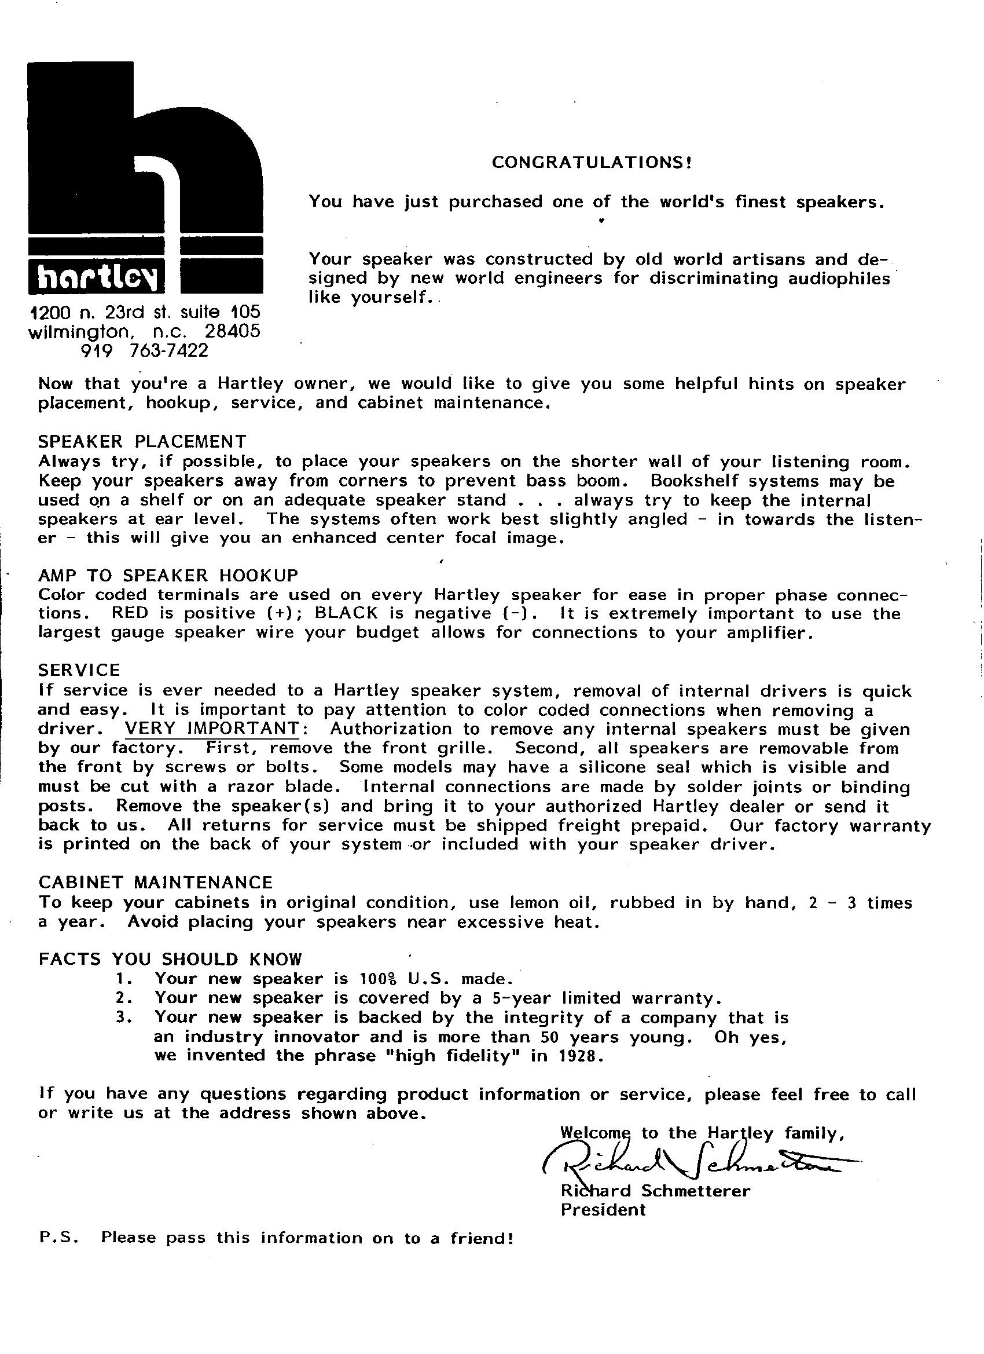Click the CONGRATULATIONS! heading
tap(592, 162)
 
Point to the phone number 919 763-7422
tap(144, 350)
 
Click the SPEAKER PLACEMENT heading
tap(142, 442)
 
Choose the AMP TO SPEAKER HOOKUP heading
tap(168, 576)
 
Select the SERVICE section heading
tap(79, 670)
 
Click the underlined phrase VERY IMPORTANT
tap(212, 729)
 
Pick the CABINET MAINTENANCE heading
tap(155, 883)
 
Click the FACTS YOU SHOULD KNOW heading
tap(170, 960)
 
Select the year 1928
tap(578, 1056)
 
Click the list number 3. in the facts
tap(124, 1018)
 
